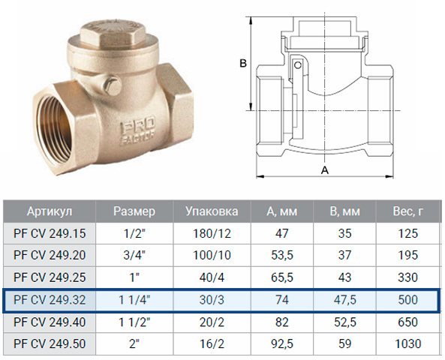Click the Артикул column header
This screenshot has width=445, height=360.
click(x=50, y=211)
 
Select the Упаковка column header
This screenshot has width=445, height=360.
click(x=212, y=211)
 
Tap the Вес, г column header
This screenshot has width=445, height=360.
click(x=407, y=211)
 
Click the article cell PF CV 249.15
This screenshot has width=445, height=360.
click(x=50, y=233)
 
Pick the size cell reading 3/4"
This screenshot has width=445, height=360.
click(x=134, y=255)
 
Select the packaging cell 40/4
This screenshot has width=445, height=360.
click(x=212, y=277)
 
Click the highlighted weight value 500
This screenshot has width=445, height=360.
click(x=407, y=300)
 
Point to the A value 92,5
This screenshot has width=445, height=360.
click(x=282, y=343)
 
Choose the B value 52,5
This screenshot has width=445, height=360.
click(x=344, y=322)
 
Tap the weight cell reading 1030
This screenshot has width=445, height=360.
click(x=407, y=343)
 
